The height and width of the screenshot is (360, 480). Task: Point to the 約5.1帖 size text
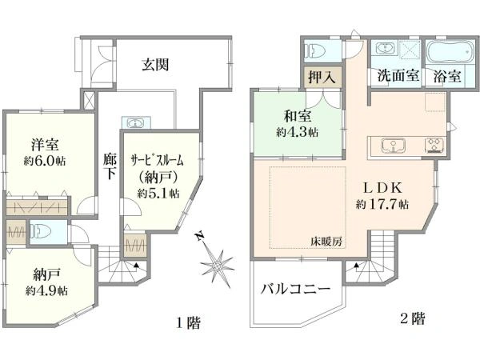tap(158, 194)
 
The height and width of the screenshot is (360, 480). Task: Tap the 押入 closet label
tap(322, 78)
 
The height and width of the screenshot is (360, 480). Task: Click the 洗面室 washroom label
tap(397, 78)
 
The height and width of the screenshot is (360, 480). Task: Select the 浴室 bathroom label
tap(447, 78)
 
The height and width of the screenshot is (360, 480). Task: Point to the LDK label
tap(383, 187)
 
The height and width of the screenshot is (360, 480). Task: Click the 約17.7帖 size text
tap(382, 204)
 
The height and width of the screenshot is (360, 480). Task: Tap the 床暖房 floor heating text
tap(326, 242)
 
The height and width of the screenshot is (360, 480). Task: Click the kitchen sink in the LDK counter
tap(394, 146)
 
